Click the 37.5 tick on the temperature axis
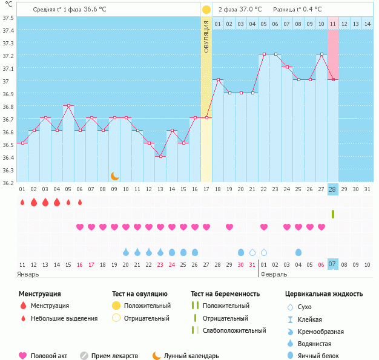(8, 18)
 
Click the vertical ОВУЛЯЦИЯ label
(206, 36)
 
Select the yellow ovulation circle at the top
(206, 10)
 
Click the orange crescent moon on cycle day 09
(114, 175)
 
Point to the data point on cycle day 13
(160, 156)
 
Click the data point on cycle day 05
(68, 105)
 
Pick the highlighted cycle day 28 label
(332, 189)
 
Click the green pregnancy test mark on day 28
(332, 214)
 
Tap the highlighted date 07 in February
(332, 264)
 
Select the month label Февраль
(274, 274)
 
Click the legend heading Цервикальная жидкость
(324, 293)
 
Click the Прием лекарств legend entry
(114, 356)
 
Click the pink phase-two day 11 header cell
(332, 24)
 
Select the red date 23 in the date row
(160, 264)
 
